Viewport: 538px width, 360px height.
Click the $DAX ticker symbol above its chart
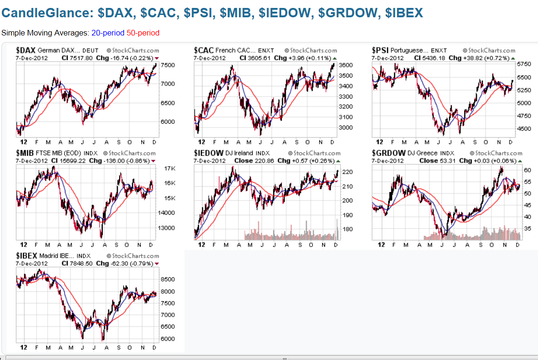pyautogui.click(x=26, y=50)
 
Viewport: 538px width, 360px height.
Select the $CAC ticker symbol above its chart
pyautogui.click(x=204, y=50)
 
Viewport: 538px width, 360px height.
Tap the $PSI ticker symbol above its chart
pyautogui.click(x=380, y=50)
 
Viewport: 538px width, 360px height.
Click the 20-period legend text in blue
pyautogui.click(x=108, y=33)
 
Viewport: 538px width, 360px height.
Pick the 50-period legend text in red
pyautogui.click(x=143, y=33)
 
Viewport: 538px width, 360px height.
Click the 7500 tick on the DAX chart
pyautogui.click(x=168, y=65)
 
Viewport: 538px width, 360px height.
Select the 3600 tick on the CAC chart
pyautogui.click(x=346, y=65)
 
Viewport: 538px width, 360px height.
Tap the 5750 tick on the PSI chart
pyautogui.click(x=524, y=64)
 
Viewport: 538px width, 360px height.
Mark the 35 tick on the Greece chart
pyautogui.click(x=527, y=229)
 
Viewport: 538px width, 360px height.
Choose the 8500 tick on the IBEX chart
pyautogui.click(x=167, y=279)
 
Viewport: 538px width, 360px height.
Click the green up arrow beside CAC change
pyautogui.click(x=334, y=58)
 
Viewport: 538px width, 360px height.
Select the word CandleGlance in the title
pyautogui.click(x=46, y=12)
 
